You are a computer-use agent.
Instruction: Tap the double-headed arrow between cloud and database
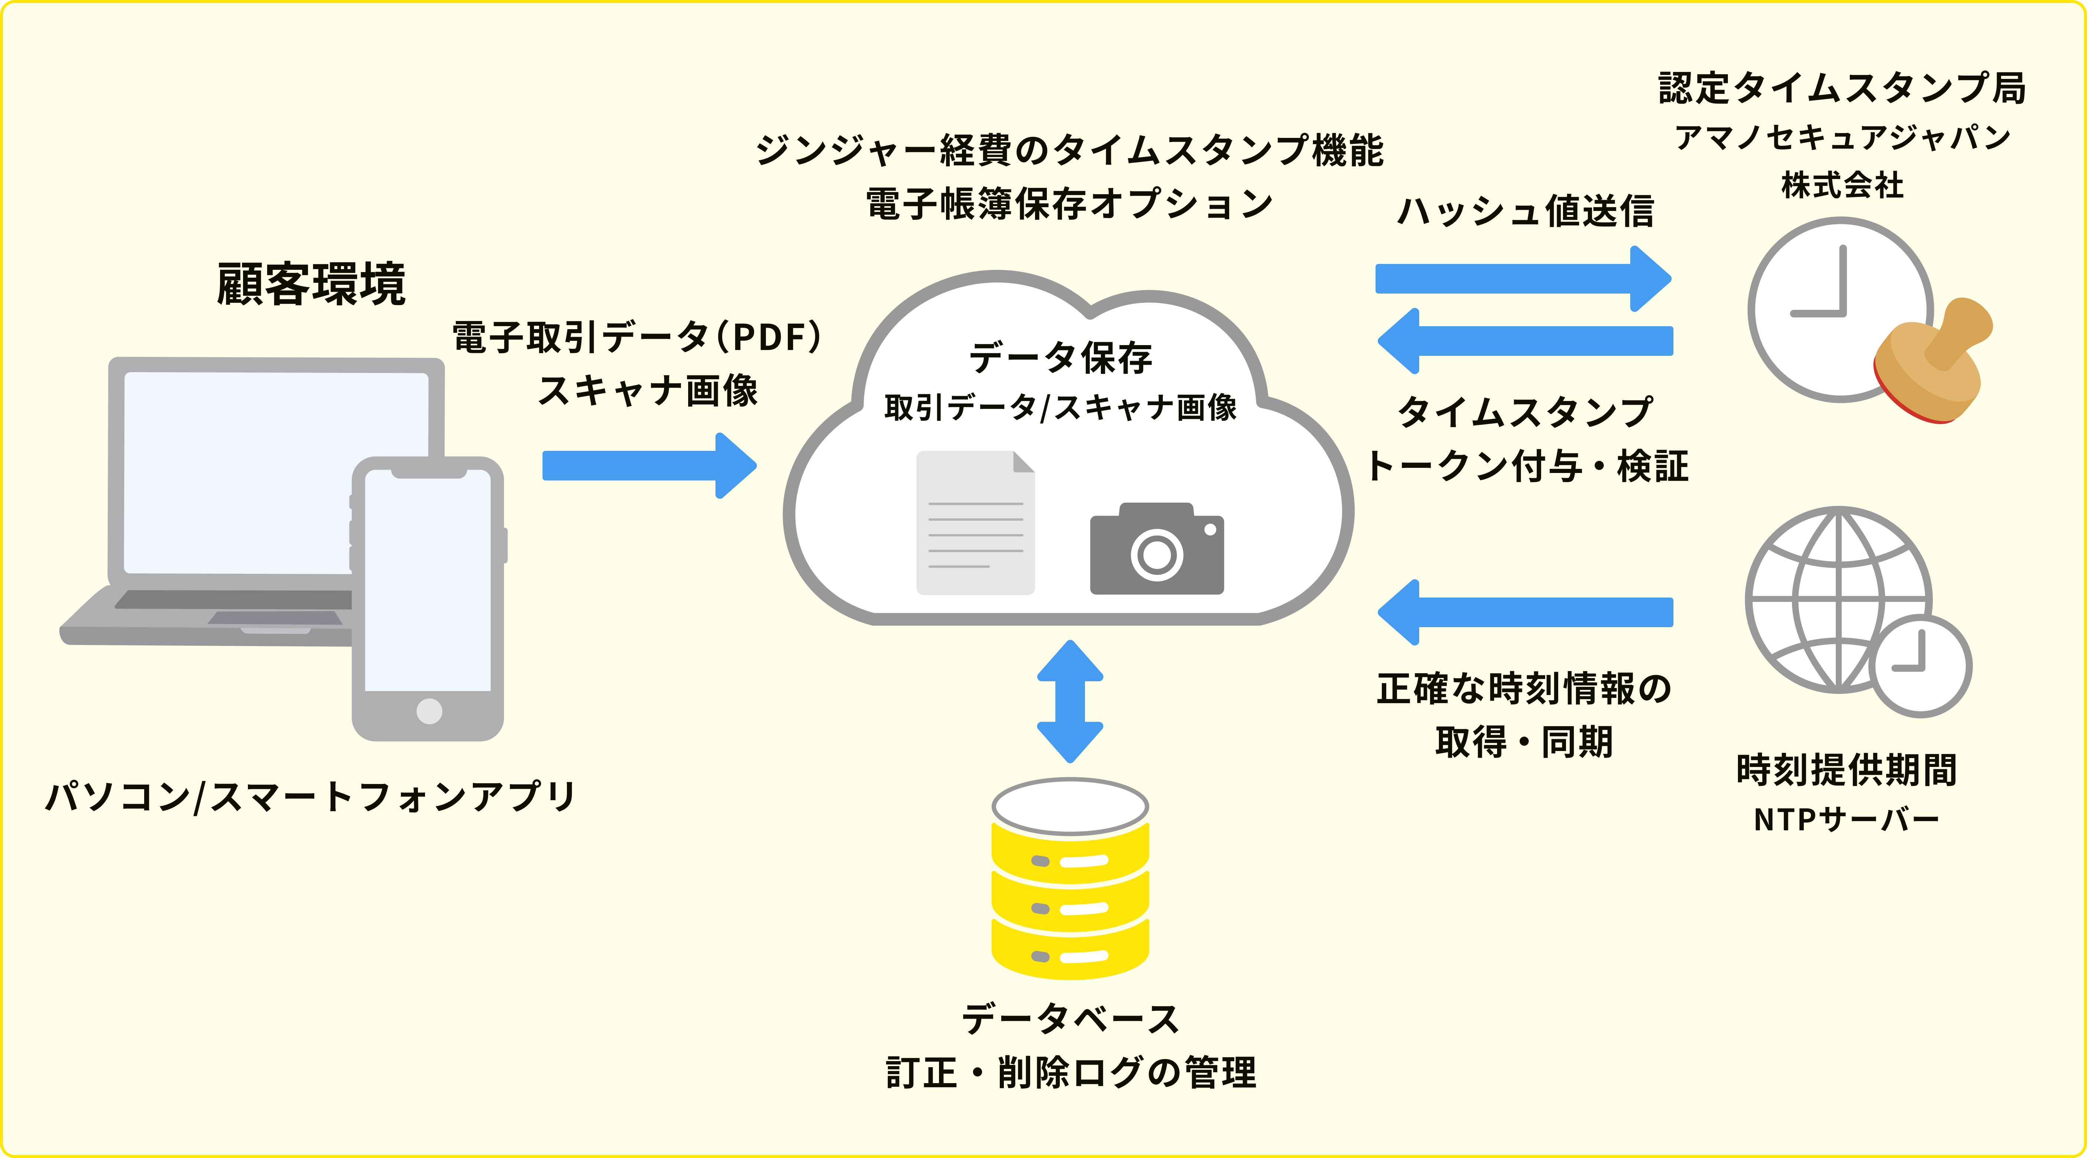pyautogui.click(x=1070, y=701)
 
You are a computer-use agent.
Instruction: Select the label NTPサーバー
pyautogui.click(x=1847, y=820)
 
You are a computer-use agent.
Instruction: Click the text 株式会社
pyautogui.click(x=1842, y=186)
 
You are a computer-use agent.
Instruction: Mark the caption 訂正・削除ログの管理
pyautogui.click(x=1070, y=1073)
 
